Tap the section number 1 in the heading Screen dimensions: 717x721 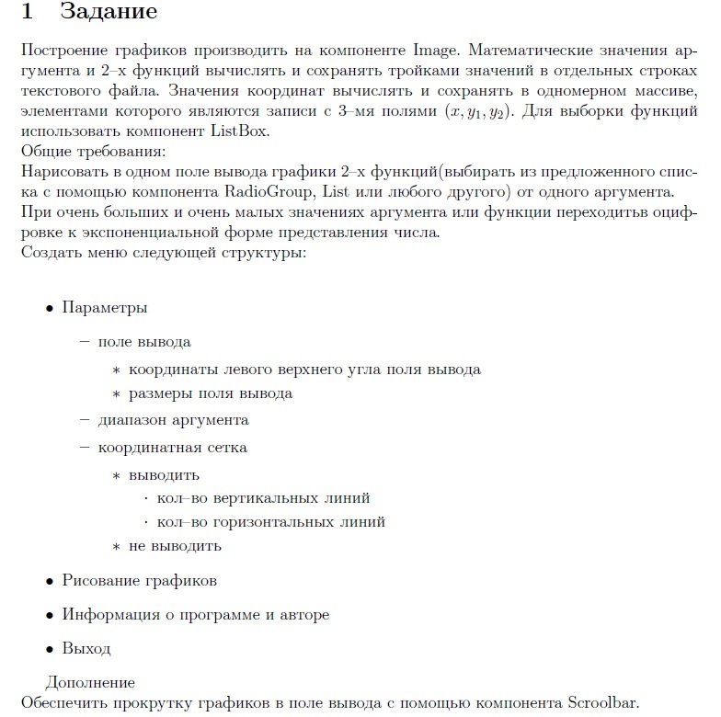[28, 13]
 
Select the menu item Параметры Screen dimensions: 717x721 [104, 308]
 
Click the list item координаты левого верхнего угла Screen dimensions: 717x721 [304, 370]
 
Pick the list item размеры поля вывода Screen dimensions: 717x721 [211, 393]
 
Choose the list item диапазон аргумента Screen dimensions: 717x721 [173, 420]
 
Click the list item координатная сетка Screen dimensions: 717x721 [172, 448]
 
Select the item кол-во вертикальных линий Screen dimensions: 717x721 [263, 498]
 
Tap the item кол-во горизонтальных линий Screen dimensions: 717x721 [270, 522]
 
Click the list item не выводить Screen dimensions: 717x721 [175, 546]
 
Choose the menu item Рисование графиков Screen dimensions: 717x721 [139, 581]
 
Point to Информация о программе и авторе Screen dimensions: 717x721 [195, 614]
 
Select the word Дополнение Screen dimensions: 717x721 [90, 683]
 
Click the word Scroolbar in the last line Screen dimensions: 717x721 [597, 704]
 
